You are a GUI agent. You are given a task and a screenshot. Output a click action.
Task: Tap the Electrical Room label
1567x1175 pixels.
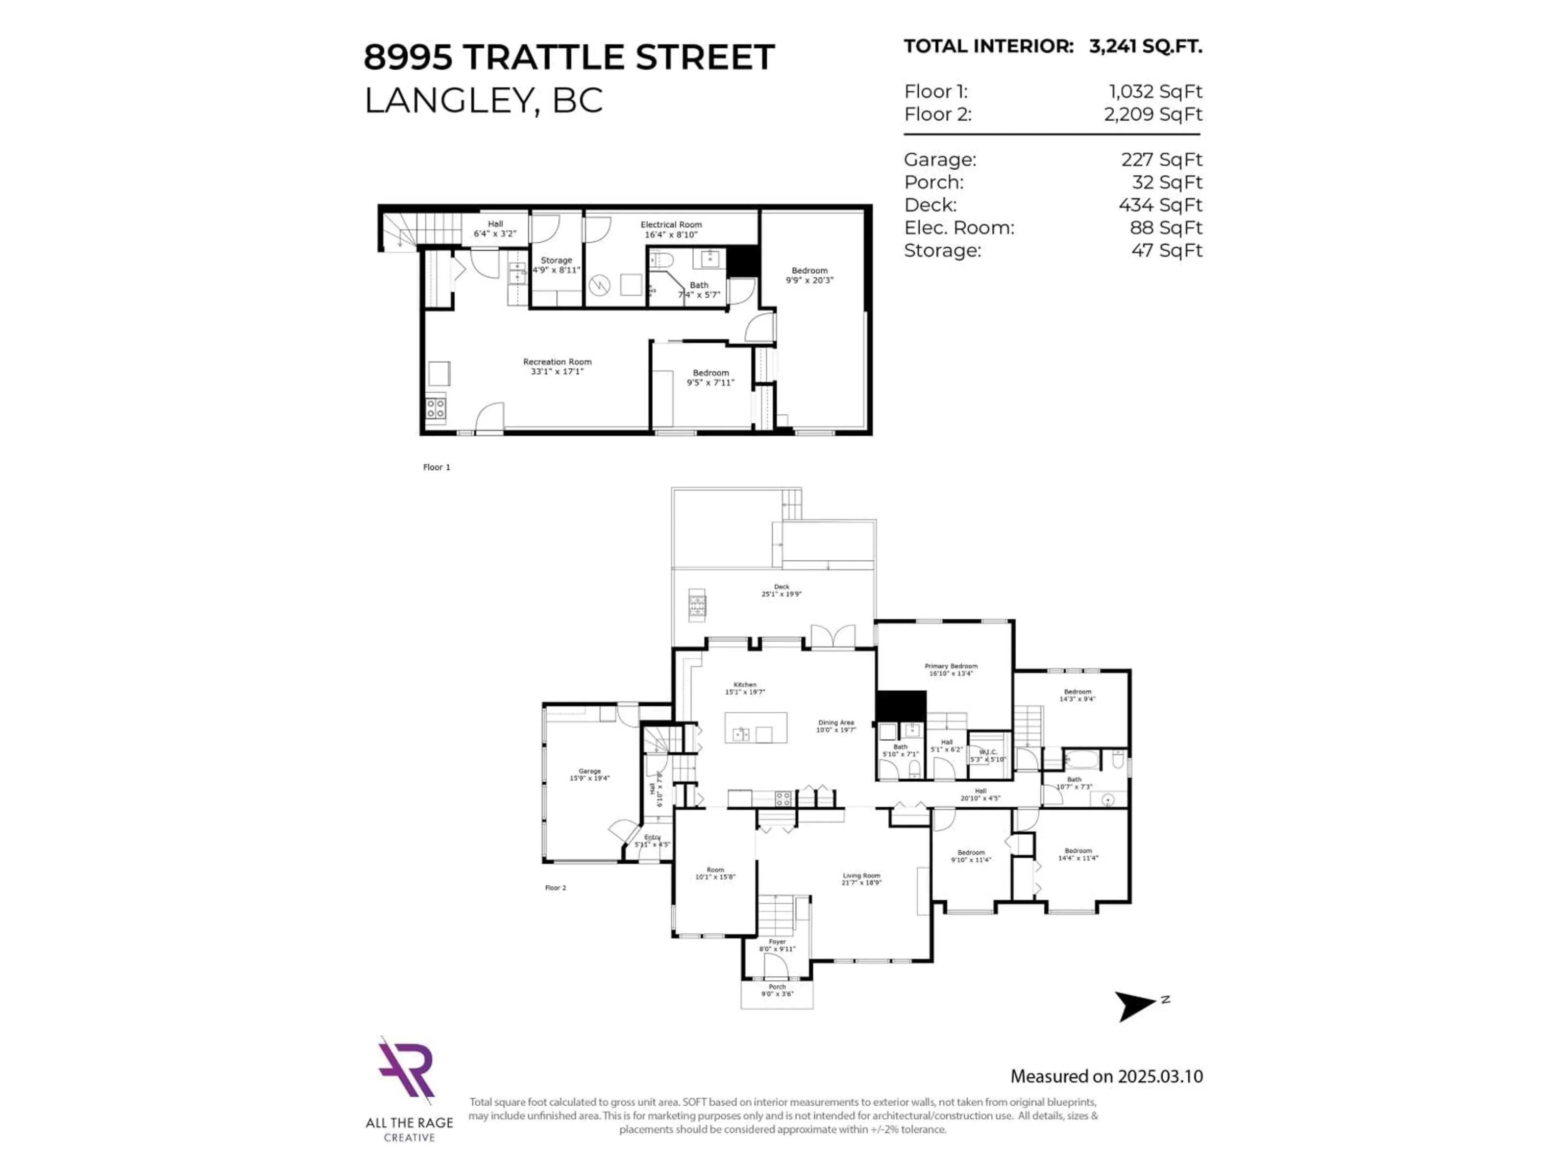(671, 229)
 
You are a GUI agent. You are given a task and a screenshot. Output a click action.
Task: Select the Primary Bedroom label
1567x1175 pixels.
(951, 670)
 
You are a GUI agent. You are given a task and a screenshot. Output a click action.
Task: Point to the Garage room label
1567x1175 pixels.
(589, 774)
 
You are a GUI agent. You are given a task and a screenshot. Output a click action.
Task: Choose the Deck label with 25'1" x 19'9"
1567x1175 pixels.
(781, 590)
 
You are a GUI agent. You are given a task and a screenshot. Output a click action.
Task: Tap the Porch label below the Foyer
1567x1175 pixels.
(777, 989)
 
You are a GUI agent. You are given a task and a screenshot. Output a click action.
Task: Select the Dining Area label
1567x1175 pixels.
(836, 726)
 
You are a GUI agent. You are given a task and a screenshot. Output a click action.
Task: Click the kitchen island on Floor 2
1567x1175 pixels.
(756, 727)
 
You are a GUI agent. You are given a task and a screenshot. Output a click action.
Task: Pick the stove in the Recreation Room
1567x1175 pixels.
(436, 408)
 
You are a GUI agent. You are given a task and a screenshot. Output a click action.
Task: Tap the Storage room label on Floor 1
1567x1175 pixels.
(556, 264)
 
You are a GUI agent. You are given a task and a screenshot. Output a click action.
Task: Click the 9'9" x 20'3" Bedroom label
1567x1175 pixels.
(809, 275)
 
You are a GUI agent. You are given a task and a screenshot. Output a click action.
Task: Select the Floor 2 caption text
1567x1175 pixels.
(555, 887)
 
